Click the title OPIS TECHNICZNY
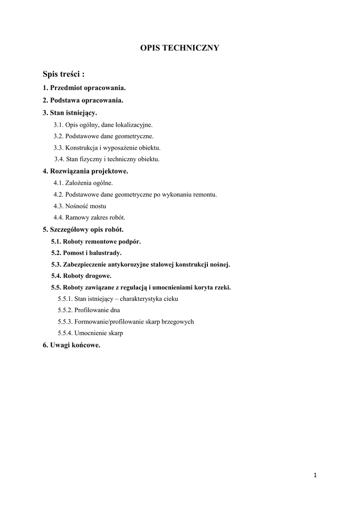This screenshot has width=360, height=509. pyautogui.click(x=180, y=48)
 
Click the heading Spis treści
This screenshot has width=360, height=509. pyautogui.click(x=64, y=75)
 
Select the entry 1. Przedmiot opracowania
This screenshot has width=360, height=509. pyautogui.click(x=84, y=88)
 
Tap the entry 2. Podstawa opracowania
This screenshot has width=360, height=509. pyautogui.click(x=83, y=100)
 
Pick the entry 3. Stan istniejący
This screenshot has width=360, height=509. pyautogui.click(x=70, y=113)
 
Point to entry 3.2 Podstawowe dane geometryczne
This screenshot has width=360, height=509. pyautogui.click(x=103, y=136)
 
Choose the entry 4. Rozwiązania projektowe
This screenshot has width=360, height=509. pyautogui.click(x=86, y=171)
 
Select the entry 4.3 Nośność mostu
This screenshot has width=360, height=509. pyautogui.click(x=80, y=206)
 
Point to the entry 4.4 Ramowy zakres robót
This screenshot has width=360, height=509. pyautogui.click(x=90, y=217)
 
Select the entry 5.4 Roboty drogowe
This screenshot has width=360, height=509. pyautogui.click(x=81, y=276)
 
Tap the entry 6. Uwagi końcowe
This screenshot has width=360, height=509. pyautogui.click(x=72, y=345)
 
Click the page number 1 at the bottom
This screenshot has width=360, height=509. pyautogui.click(x=315, y=475)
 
